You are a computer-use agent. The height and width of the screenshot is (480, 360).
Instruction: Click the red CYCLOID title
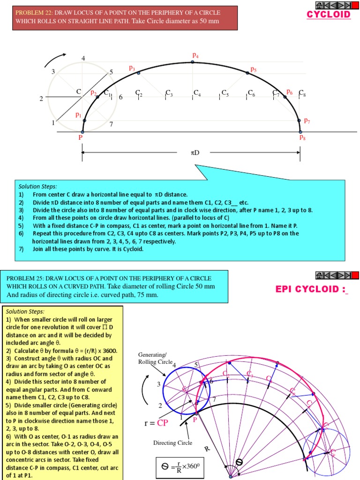(x=329, y=15)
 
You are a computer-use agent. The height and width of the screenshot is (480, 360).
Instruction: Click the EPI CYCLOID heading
(x=313, y=289)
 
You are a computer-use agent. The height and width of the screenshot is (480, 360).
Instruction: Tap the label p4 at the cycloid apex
(x=195, y=56)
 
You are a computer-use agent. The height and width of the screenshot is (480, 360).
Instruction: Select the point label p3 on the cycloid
(x=132, y=68)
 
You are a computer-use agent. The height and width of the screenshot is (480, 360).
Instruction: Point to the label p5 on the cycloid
(x=253, y=69)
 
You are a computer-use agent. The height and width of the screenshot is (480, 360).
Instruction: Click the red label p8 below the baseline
(x=302, y=138)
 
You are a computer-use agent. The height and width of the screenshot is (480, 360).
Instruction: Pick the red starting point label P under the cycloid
(x=81, y=138)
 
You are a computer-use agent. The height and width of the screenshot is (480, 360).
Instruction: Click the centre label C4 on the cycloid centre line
(x=197, y=93)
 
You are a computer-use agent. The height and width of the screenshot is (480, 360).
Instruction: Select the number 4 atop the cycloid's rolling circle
(x=83, y=59)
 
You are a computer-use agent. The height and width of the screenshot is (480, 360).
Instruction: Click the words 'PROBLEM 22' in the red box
(x=32, y=12)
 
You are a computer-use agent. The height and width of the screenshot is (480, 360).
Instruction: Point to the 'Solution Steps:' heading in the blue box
(x=37, y=186)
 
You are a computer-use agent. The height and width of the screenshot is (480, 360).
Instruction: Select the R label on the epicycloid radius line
(x=207, y=449)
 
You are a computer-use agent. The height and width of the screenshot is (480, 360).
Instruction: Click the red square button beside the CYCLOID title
(x=355, y=6)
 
